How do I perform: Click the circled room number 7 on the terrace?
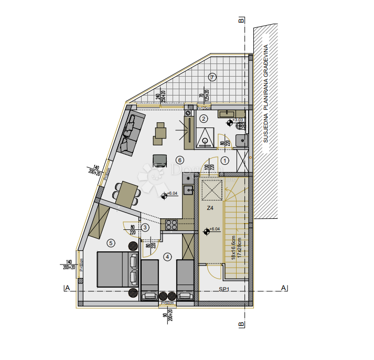tap(212, 77)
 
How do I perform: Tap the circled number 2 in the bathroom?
tap(204, 119)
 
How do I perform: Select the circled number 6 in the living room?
tap(179, 160)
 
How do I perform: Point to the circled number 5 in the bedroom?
tap(110, 242)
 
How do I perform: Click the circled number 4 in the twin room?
tap(167, 257)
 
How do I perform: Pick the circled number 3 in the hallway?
tap(145, 227)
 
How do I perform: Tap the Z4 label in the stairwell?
tap(210, 208)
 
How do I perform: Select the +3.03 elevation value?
tap(239, 120)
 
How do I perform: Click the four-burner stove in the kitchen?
tap(172, 225)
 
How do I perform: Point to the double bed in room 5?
tap(118, 269)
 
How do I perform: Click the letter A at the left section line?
tap(67, 288)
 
